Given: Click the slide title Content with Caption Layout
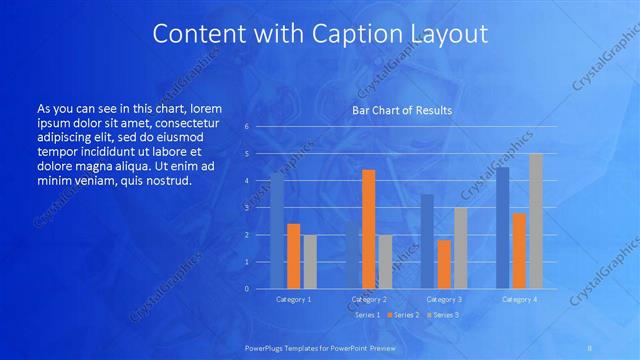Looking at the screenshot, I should click(x=320, y=33).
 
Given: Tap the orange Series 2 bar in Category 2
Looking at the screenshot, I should click(x=369, y=229).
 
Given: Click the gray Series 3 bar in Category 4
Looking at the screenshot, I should click(x=536, y=221).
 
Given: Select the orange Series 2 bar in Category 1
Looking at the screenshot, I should click(x=293, y=256).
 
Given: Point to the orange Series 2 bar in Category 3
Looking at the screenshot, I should click(x=444, y=264).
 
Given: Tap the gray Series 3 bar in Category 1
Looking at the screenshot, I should click(x=310, y=262).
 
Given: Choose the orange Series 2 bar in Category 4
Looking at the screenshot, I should click(x=519, y=251).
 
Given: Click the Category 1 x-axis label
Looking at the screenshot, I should click(x=293, y=299).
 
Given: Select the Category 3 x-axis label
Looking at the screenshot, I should click(x=444, y=299).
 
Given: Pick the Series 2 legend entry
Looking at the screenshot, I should click(x=403, y=315).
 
